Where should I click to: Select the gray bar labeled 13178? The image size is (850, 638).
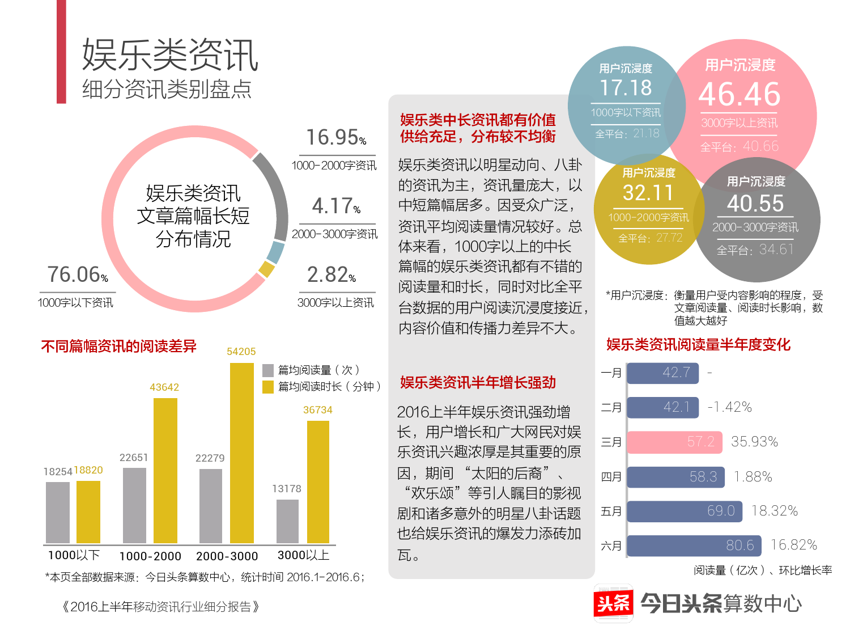[287, 521]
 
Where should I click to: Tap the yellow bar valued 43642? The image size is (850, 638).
[165, 470]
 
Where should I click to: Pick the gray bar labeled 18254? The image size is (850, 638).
[57, 512]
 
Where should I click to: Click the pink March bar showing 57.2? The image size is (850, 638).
[674, 442]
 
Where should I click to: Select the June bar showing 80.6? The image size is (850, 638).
[694, 546]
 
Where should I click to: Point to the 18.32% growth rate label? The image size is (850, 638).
[774, 511]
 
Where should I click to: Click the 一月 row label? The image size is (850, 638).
[611, 373]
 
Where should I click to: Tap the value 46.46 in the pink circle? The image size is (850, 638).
[739, 94]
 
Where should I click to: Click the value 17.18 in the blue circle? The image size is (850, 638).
[626, 88]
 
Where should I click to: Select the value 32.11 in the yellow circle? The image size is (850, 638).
[648, 193]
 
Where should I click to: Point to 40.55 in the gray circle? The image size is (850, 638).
[755, 203]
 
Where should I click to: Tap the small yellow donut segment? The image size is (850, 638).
[266, 269]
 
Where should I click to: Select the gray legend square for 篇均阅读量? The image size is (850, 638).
[268, 370]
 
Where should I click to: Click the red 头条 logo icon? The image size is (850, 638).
[613, 603]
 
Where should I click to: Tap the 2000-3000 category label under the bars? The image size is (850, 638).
[227, 556]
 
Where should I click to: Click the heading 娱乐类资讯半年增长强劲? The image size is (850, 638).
[478, 382]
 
